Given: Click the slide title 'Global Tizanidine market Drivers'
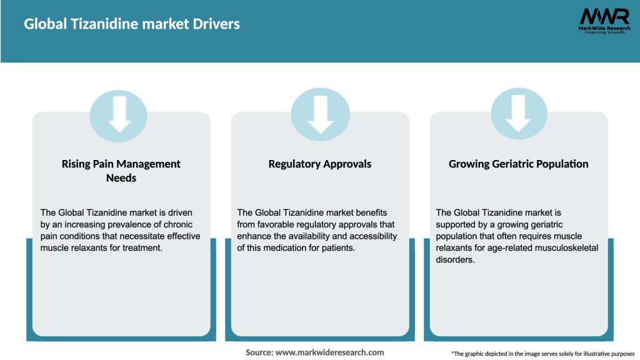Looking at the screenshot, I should (x=132, y=24).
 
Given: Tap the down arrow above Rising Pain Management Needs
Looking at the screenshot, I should (x=119, y=114).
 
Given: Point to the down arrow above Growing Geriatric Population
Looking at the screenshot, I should (x=519, y=114).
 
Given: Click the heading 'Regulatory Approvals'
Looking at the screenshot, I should (x=320, y=164).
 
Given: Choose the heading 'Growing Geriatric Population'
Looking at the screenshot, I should (x=519, y=164).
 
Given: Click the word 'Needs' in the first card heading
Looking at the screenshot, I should (x=121, y=178).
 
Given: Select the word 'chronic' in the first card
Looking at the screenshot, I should (x=177, y=224).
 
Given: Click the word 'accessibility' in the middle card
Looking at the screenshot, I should (x=371, y=236).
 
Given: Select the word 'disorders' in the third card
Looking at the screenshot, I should (x=456, y=260).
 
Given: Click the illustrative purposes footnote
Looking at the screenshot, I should (x=542, y=354).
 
